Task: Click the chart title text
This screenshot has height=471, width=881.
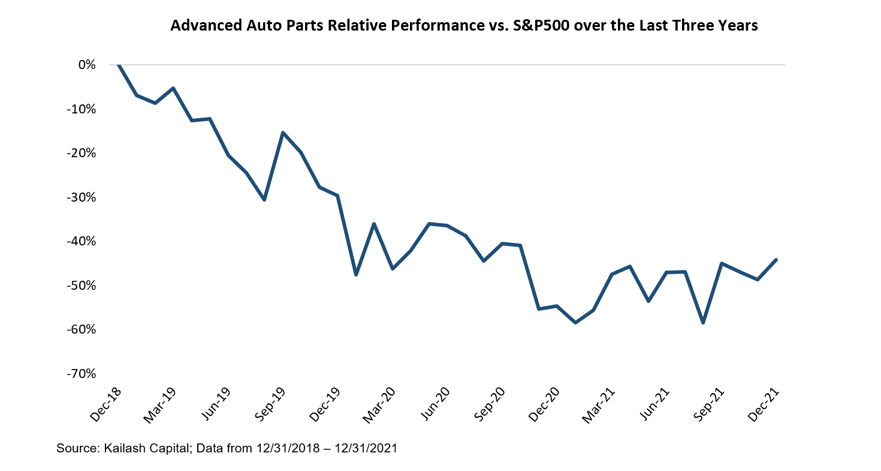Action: pos(464,26)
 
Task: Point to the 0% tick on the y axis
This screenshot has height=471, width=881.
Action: pos(87,65)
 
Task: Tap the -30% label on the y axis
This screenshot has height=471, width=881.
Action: pos(83,197)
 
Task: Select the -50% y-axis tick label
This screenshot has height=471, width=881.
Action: pos(83,285)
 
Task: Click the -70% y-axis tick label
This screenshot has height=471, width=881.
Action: pos(83,373)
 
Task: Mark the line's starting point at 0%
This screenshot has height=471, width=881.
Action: pos(119,65)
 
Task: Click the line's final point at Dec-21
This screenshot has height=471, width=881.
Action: pos(776,260)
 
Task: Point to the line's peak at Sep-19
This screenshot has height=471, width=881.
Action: pos(283,133)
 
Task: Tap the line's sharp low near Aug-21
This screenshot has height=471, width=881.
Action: pos(703,323)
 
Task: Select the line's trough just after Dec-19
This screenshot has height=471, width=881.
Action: pos(356,275)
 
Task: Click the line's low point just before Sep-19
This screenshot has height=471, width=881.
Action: pos(264,200)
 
